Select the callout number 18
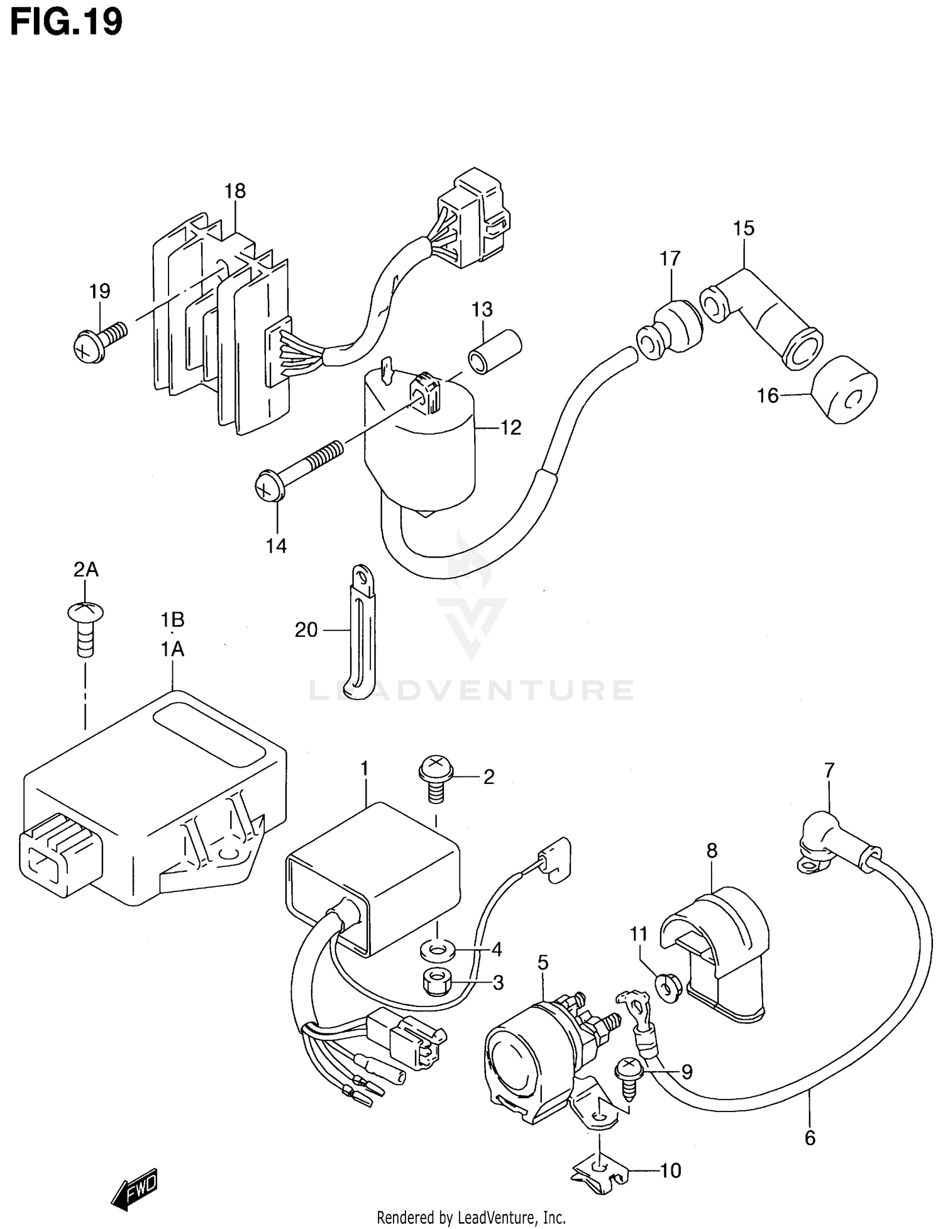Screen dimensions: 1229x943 click(235, 191)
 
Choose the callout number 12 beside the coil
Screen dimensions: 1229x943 click(510, 427)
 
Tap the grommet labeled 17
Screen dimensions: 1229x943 click(670, 329)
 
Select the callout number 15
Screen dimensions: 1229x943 click(744, 228)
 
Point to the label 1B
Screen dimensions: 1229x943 click(172, 620)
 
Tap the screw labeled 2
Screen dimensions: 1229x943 click(435, 778)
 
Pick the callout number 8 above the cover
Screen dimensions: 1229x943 click(711, 851)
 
